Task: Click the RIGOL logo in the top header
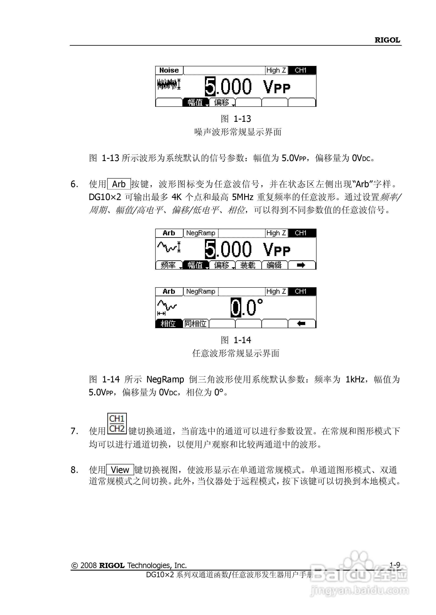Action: (x=387, y=40)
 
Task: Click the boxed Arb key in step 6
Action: (x=119, y=184)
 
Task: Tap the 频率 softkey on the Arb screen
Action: (x=168, y=265)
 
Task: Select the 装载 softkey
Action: (x=248, y=265)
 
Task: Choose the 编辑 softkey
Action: (x=274, y=265)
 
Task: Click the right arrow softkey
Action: (x=301, y=265)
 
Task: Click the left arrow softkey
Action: (x=301, y=324)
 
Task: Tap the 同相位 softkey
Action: (x=196, y=324)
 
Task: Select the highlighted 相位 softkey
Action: (x=168, y=324)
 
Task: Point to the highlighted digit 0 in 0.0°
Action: (x=236, y=308)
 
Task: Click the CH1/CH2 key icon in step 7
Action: (x=117, y=423)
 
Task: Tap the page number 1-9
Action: (x=395, y=565)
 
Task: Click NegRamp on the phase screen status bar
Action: (x=201, y=291)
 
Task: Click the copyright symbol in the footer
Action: (x=74, y=566)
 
